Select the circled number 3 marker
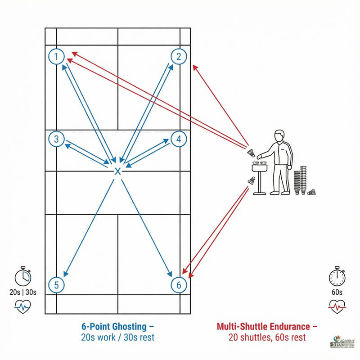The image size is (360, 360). [x=56, y=139]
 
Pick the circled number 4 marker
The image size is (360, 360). [x=179, y=139]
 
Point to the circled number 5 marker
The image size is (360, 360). [x=56, y=285]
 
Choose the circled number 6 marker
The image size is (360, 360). [x=179, y=285]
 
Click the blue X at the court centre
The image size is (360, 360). [x=117, y=171]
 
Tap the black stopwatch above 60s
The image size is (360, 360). [x=337, y=277]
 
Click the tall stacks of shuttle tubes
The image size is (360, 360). [x=300, y=181]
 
